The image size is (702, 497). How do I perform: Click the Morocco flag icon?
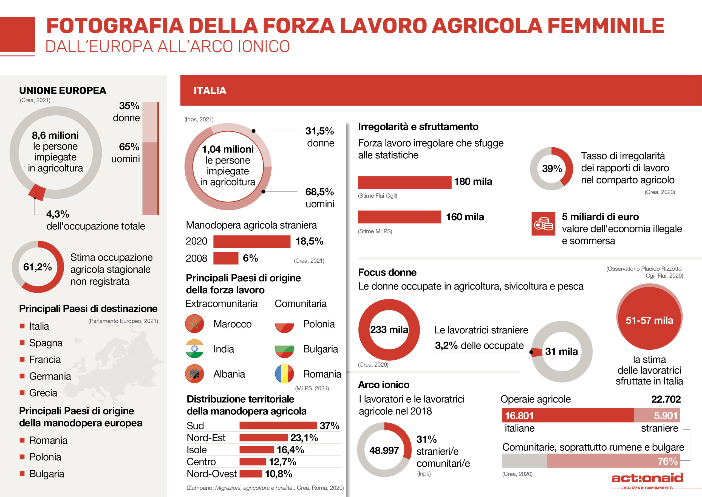(194, 324)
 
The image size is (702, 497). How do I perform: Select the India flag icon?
(194, 349)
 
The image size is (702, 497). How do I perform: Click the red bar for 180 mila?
(404, 182)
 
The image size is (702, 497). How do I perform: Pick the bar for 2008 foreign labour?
(226, 258)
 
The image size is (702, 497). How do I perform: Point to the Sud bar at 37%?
(278, 425)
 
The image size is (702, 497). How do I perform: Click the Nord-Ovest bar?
(251, 473)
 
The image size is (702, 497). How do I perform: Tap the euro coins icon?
(543, 224)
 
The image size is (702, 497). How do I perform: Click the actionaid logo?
(647, 478)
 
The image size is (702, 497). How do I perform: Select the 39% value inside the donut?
(552, 169)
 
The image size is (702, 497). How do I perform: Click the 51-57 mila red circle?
(649, 318)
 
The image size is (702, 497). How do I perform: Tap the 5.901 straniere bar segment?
(657, 415)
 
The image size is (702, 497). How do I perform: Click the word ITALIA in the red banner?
(210, 91)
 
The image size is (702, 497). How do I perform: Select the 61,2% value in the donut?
(38, 267)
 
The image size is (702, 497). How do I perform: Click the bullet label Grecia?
(43, 393)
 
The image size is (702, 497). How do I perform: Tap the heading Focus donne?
(387, 272)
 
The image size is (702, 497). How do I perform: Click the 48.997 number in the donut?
(384, 450)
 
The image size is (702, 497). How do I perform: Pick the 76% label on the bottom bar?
(667, 461)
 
